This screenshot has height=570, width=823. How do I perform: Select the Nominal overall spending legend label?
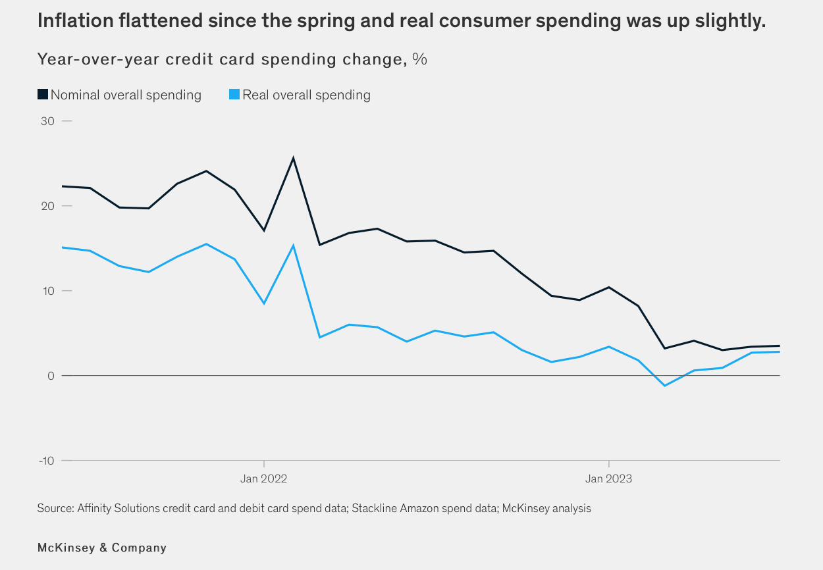pyautogui.click(x=126, y=95)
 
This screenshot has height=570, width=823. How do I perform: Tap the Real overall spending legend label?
pyautogui.click(x=306, y=95)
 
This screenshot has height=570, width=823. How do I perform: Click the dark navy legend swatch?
pyautogui.click(x=43, y=94)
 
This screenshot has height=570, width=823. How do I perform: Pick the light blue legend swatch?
pyautogui.click(x=234, y=94)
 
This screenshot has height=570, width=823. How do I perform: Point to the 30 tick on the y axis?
pyautogui.click(x=48, y=121)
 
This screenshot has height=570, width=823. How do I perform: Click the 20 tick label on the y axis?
pyautogui.click(x=48, y=206)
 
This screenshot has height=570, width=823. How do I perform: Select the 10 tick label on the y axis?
pyautogui.click(x=48, y=291)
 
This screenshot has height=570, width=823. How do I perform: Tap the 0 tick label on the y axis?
pyautogui.click(x=51, y=376)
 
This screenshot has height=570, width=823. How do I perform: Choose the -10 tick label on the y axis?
pyautogui.click(x=46, y=460)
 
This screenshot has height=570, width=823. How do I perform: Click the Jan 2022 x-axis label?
pyautogui.click(x=264, y=479)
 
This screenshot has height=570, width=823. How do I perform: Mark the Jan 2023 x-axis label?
pyautogui.click(x=608, y=479)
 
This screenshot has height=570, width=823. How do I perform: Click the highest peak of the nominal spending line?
pyautogui.click(x=293, y=158)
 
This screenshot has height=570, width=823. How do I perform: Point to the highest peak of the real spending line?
pyautogui.click(x=293, y=246)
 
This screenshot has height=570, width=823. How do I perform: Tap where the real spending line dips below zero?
pyautogui.click(x=665, y=385)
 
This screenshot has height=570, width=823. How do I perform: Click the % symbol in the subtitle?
pyautogui.click(x=420, y=59)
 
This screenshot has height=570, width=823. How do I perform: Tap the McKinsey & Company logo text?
pyautogui.click(x=102, y=548)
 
